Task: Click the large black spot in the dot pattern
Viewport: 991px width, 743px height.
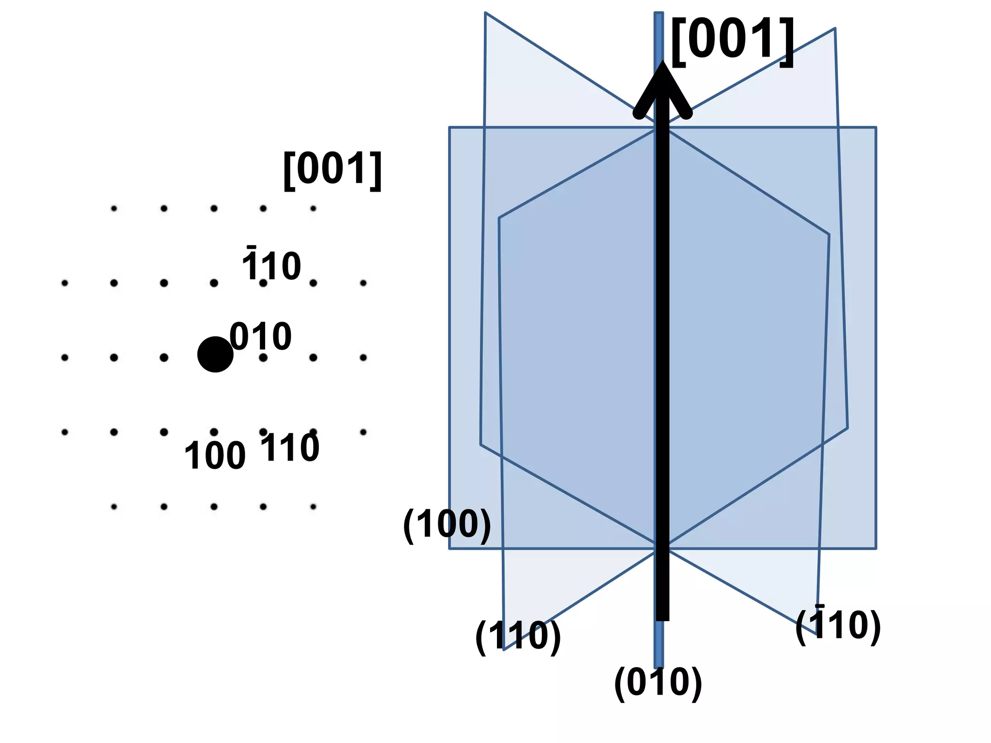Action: (215, 355)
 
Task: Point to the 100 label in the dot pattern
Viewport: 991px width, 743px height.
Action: (215, 456)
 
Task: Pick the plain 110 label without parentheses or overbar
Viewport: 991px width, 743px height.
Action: (290, 448)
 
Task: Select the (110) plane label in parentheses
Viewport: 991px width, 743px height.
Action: (518, 636)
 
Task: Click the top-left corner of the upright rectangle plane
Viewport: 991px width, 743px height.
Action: (450, 128)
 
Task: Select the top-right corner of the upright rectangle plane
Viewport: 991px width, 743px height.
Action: (876, 128)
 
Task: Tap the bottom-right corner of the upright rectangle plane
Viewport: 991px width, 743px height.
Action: (876, 549)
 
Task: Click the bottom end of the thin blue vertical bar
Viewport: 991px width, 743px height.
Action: (659, 667)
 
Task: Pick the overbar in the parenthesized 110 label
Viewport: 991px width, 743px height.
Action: (820, 606)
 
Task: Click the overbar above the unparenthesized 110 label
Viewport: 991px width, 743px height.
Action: (251, 248)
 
